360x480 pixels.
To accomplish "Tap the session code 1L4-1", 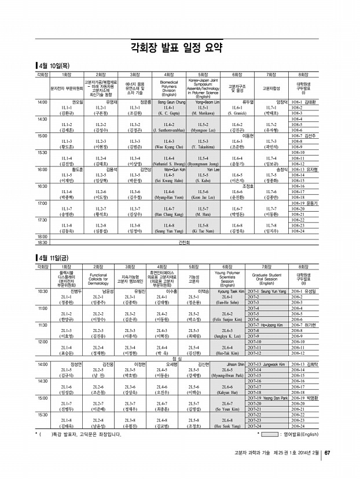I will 168,108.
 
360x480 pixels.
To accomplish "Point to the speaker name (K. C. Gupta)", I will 168,113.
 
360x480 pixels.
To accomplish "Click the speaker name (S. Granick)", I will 237,113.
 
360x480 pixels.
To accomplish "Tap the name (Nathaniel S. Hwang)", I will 168,164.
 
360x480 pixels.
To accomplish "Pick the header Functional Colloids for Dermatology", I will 98,279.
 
